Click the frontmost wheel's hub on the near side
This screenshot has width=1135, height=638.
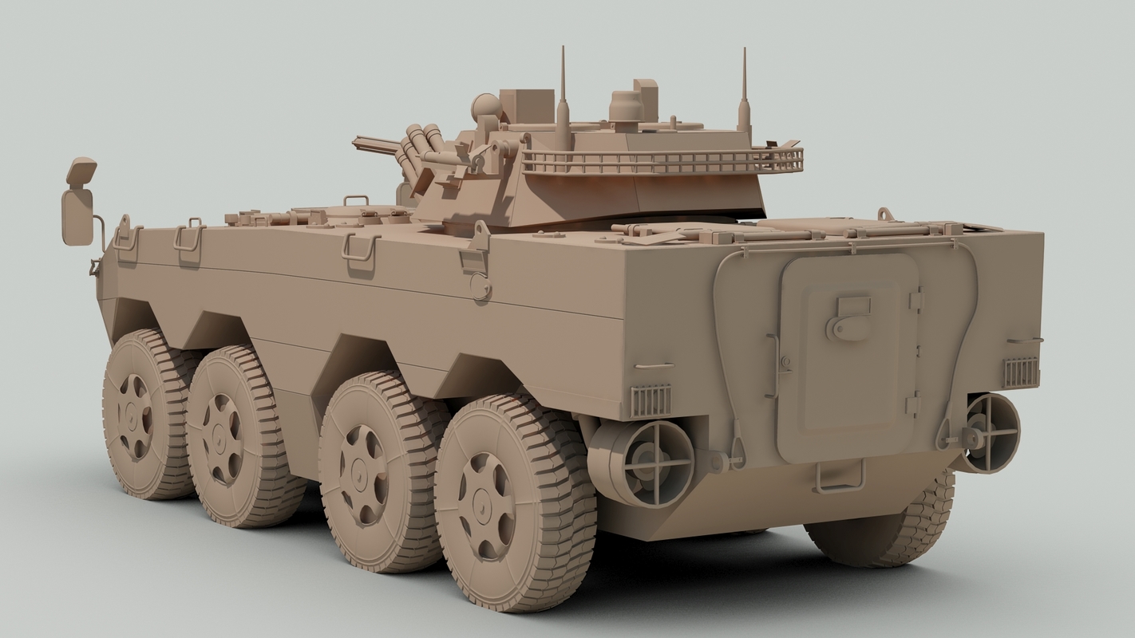point(134,415)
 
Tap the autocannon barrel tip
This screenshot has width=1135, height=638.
point(357,142)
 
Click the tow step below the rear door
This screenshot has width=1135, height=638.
point(840,478)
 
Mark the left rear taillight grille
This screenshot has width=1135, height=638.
point(651,400)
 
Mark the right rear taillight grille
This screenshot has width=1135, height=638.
point(1020,372)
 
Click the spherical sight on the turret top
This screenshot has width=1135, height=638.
point(486,105)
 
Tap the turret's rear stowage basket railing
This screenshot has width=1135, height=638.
point(662,162)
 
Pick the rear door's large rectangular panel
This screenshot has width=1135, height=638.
point(848,359)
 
